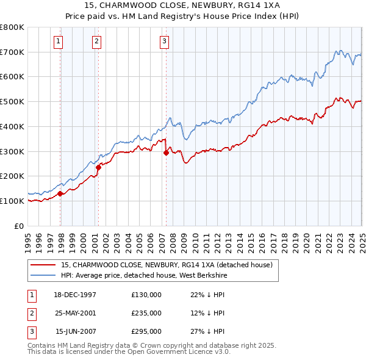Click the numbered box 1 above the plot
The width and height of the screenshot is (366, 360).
58,41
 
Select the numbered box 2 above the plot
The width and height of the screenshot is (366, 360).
97,41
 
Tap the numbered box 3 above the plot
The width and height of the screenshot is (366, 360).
165,41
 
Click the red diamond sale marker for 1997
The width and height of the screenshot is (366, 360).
60,193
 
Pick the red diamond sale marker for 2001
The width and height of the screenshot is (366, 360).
98,167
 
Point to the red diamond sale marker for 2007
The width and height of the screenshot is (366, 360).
166,153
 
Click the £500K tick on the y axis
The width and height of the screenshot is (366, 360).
13,101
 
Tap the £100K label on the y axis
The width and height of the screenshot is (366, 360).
13,201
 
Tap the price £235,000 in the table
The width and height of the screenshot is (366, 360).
146,313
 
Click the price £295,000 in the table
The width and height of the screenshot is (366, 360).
146,332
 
